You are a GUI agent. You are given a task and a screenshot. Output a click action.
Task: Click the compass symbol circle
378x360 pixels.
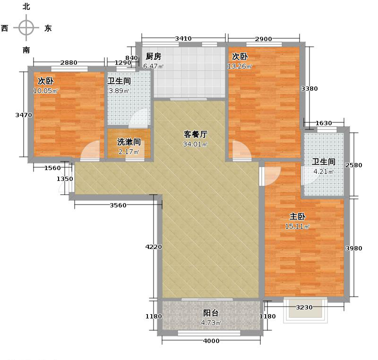point(26,28)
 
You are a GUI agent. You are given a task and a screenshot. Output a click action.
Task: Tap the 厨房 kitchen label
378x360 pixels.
point(153,57)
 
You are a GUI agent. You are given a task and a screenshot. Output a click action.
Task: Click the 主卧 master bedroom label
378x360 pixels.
point(297,217)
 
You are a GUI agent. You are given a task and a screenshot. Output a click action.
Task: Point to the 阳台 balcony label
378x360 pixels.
point(211,313)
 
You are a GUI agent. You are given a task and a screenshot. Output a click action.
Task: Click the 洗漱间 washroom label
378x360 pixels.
point(129,142)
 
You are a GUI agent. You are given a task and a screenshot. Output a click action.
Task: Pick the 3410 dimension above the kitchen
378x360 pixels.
point(183,39)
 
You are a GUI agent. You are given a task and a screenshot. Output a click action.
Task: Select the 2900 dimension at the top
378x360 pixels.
point(264,39)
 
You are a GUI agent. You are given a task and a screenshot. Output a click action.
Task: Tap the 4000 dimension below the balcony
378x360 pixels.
point(211,341)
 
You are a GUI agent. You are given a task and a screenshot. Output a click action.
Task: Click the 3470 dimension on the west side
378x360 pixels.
point(23,115)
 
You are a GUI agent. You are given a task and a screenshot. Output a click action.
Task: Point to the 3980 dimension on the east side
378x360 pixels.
point(353,249)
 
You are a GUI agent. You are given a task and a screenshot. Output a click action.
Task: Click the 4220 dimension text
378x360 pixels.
point(153,247)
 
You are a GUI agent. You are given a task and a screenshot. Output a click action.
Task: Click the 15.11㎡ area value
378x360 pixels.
point(297,227)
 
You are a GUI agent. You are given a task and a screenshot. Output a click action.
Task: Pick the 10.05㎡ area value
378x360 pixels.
point(45,91)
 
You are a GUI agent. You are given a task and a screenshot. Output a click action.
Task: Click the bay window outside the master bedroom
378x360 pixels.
point(305,309)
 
